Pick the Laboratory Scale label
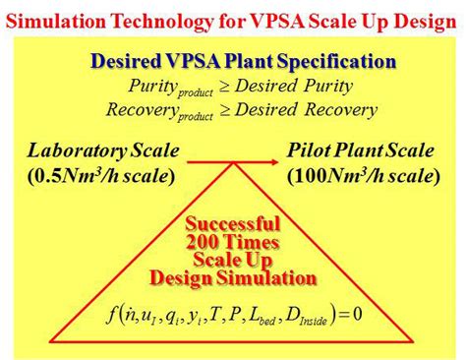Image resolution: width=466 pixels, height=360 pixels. click(x=102, y=152)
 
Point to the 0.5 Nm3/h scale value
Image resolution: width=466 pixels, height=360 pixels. click(x=102, y=177)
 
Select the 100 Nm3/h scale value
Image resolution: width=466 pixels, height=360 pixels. click(x=364, y=177)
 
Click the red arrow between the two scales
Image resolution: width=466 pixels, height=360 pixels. click(x=232, y=160)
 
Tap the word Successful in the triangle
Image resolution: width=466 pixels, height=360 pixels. click(x=233, y=223)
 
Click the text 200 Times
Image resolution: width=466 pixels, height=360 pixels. click(x=233, y=242)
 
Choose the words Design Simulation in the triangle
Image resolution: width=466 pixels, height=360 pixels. click(x=233, y=278)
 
